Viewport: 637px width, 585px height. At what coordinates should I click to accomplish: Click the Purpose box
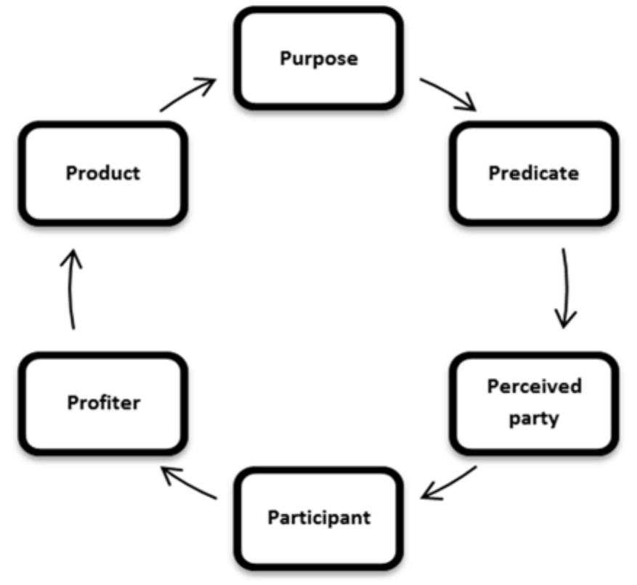[318, 58]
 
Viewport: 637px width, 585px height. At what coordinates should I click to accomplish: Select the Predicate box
[533, 173]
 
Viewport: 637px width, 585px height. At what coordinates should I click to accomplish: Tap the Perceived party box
[533, 402]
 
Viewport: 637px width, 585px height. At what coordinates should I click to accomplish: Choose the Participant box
[318, 517]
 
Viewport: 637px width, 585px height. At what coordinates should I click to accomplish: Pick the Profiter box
[103, 402]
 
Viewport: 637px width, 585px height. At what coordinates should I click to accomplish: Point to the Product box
[103, 173]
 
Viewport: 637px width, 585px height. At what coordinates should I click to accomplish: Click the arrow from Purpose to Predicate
[446, 93]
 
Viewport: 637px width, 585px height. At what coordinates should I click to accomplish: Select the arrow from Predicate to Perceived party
[565, 287]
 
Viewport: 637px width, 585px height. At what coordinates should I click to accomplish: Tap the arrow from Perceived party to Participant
[450, 483]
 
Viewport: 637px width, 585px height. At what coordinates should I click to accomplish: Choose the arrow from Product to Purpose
[187, 94]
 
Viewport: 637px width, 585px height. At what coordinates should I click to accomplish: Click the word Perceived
[534, 386]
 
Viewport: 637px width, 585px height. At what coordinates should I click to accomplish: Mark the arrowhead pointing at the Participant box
[430, 493]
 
